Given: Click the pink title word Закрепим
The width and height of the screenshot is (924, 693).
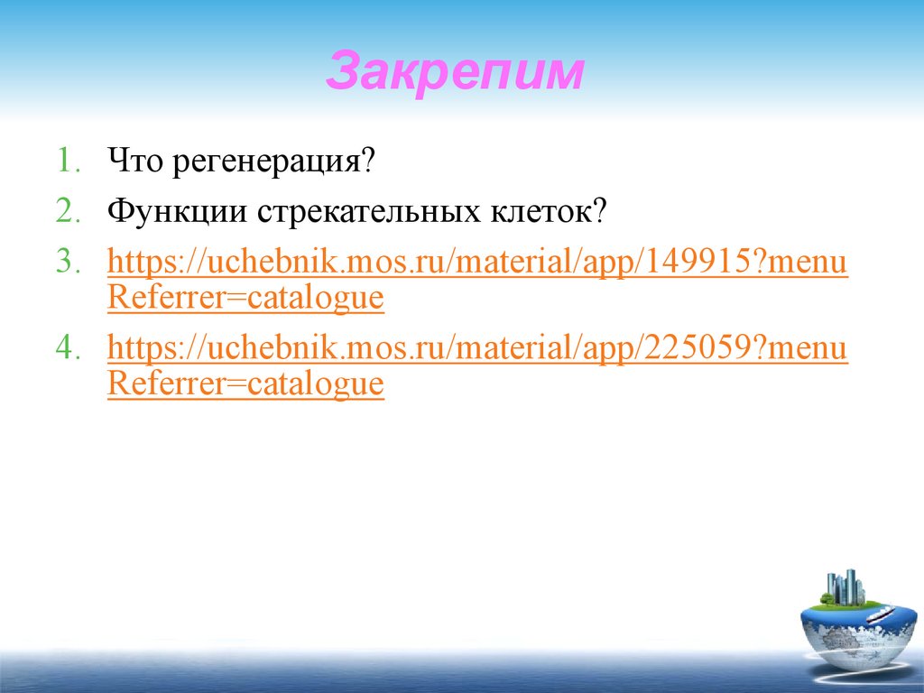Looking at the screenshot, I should [454, 72].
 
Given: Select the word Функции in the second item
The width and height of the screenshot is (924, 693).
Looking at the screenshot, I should [177, 213].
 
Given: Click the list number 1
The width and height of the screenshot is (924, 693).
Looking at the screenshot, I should [69, 163].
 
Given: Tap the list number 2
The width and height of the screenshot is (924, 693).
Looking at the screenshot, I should [69, 213].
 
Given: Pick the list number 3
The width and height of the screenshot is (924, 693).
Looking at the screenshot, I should [69, 263].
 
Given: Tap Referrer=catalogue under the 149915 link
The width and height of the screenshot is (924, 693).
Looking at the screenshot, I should [245, 297].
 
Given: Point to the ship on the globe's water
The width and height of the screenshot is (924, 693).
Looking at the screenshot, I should [879, 616].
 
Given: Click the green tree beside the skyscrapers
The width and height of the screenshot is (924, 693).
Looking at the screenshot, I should [825, 596].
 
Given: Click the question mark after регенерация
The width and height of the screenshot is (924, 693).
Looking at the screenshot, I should [367, 163].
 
